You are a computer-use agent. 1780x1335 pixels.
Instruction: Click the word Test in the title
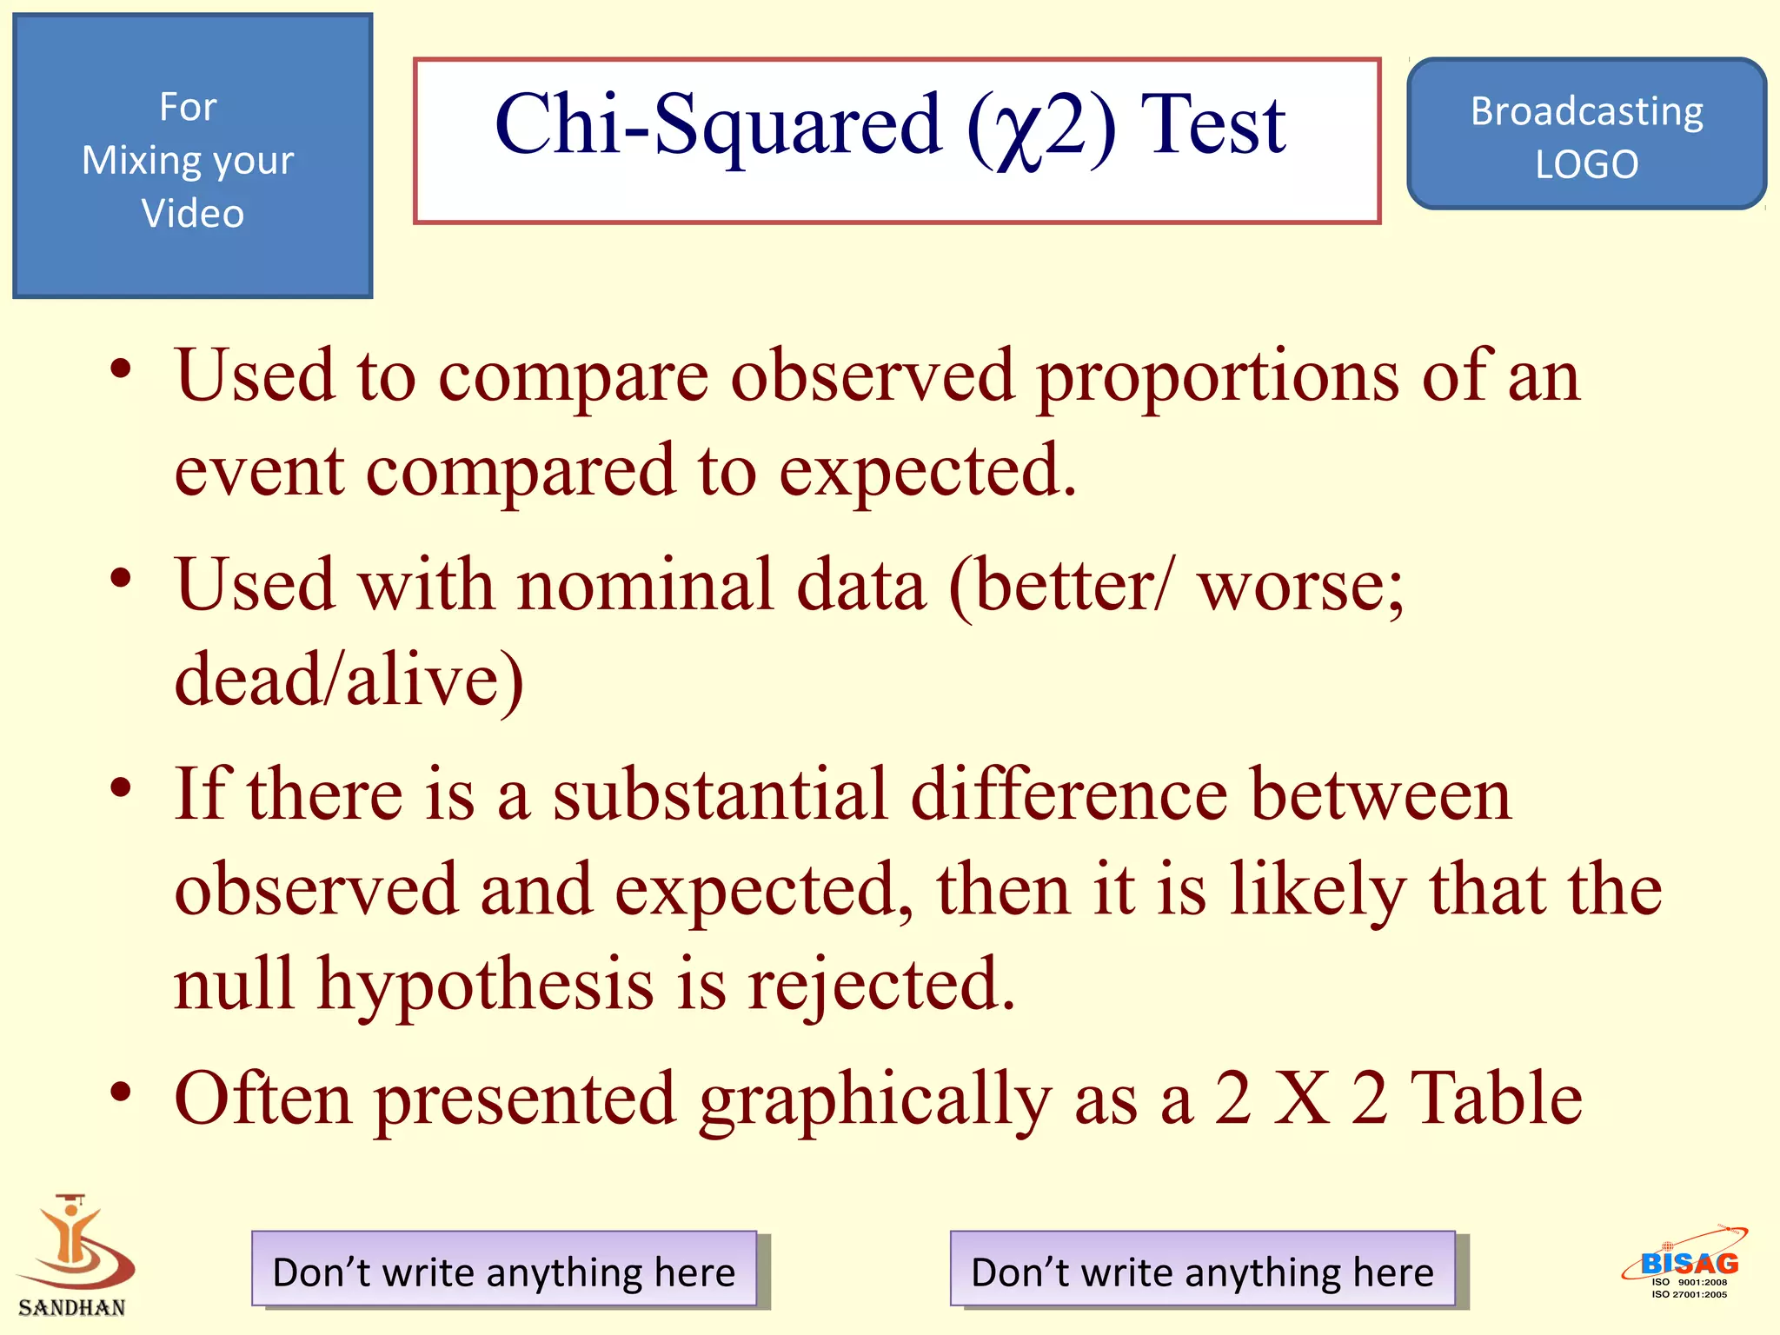click(x=1213, y=126)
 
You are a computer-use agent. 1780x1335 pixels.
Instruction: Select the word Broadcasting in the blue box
click(x=1586, y=112)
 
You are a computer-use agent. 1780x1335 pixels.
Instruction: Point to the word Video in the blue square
click(x=193, y=214)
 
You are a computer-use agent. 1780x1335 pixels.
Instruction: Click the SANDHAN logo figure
click(x=75, y=1243)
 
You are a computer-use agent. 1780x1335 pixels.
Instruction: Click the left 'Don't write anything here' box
click(x=504, y=1270)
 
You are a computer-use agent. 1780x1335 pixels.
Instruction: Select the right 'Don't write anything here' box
click(x=1202, y=1270)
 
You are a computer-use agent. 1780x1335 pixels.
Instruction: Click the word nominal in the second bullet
click(x=644, y=585)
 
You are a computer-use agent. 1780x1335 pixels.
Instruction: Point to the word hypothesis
click(x=485, y=985)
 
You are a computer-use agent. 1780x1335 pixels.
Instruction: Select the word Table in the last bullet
click(x=1496, y=1098)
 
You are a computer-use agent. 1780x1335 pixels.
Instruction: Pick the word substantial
click(x=721, y=795)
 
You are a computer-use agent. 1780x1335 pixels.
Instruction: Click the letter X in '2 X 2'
click(x=1301, y=1099)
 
